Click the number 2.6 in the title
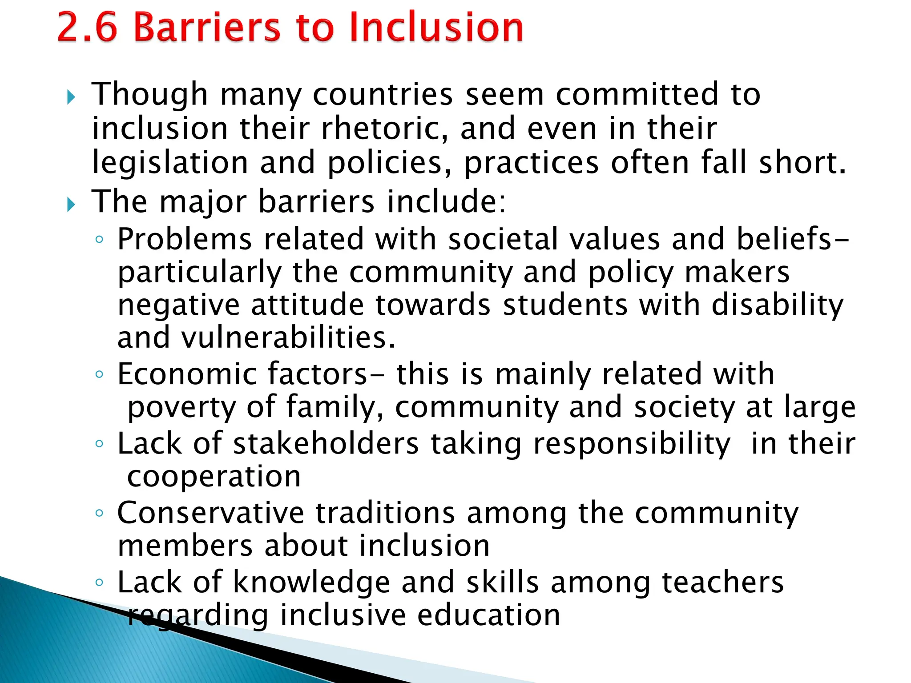pos(87,28)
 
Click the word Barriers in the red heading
pos(207,28)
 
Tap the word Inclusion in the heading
pos(436,28)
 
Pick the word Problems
pos(185,239)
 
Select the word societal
pos(503,239)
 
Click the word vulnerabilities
pos(287,338)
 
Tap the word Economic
pos(187,374)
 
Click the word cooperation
pos(214,477)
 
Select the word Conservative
pos(210,513)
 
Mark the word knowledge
pos(311,583)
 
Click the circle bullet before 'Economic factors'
pos(99,374)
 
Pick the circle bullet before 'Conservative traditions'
pos(99,513)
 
